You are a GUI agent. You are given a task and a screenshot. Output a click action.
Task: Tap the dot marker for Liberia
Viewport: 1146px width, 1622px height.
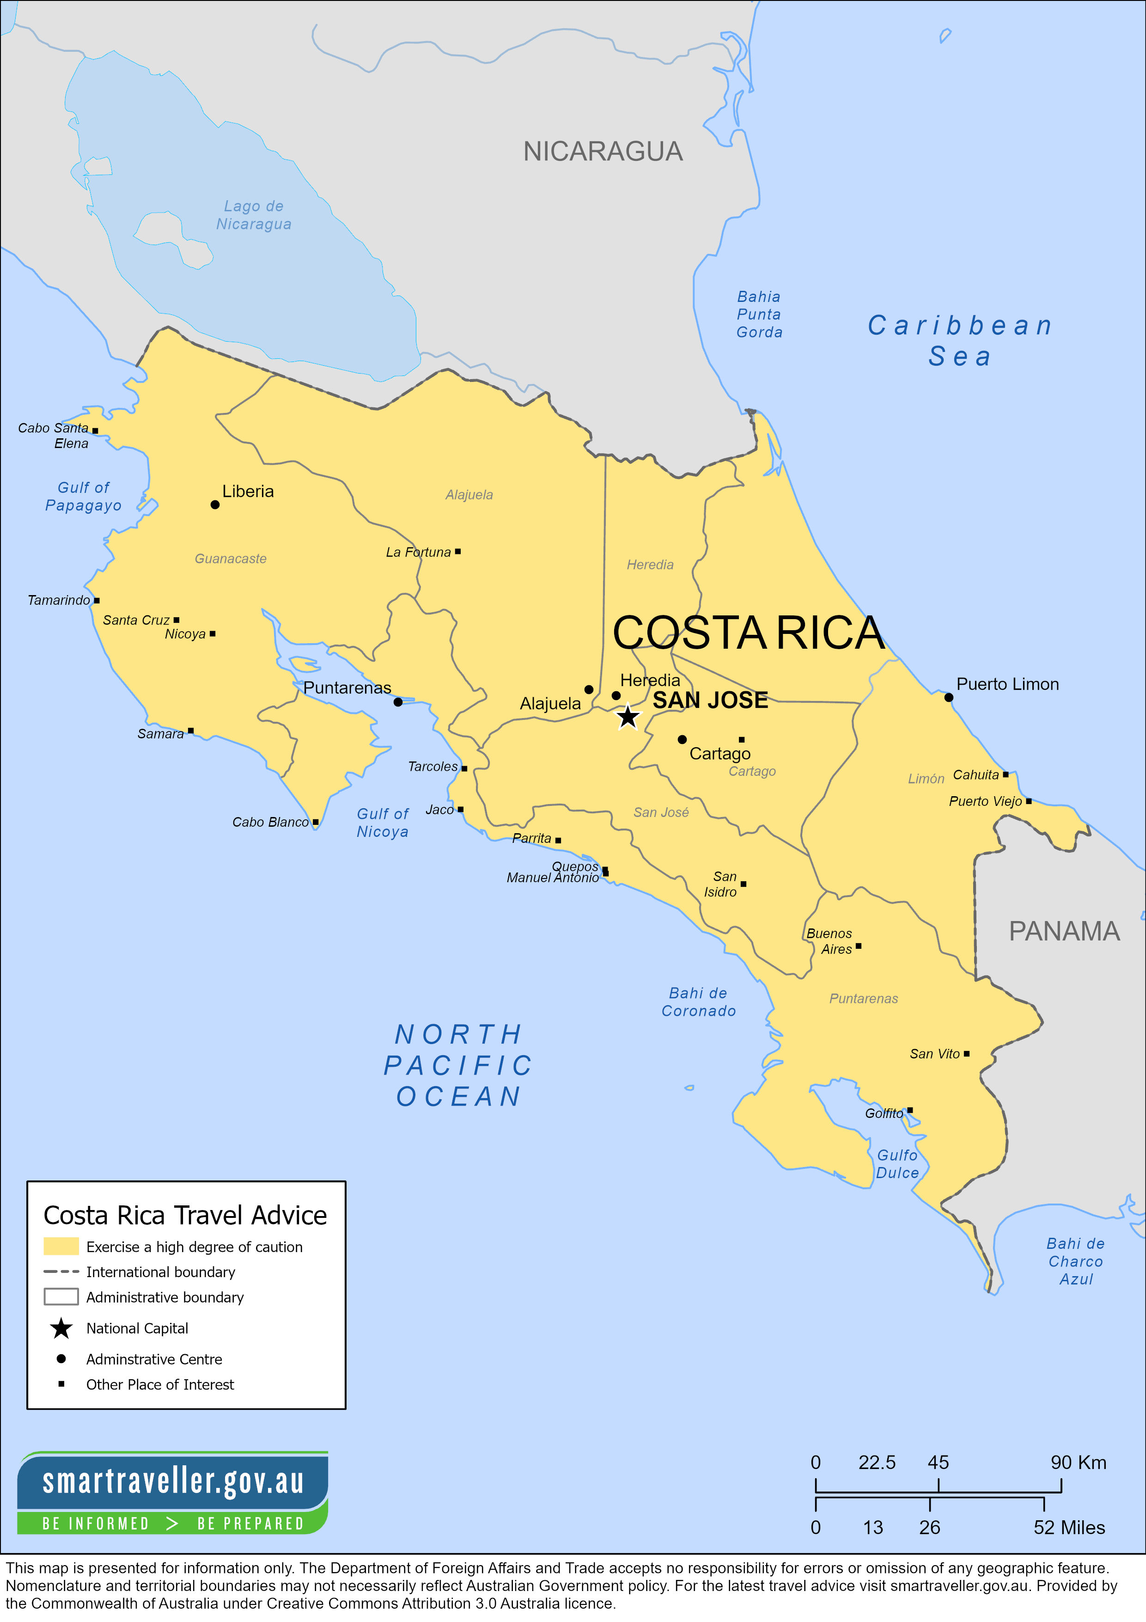[x=215, y=504]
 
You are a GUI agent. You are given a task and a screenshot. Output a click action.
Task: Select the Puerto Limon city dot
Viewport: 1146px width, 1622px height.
[x=948, y=697]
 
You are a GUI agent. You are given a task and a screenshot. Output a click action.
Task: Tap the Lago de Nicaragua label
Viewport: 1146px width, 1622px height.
[x=254, y=215]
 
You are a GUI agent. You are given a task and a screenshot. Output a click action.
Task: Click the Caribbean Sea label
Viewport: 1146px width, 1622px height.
[x=960, y=340]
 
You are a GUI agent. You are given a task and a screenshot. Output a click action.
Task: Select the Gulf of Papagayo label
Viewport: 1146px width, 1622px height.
[x=83, y=496]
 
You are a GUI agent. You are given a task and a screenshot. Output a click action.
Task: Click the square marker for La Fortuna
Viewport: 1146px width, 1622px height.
[x=457, y=551]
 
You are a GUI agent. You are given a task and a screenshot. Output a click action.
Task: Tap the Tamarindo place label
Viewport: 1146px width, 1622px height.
[x=59, y=600]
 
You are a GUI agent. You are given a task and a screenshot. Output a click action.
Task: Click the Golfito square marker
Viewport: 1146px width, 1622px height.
[x=909, y=1110]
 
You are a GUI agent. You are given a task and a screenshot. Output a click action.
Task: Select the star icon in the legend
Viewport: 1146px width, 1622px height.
[x=61, y=1328]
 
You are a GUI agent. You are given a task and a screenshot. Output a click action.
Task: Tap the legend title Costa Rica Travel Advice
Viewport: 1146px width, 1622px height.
[x=185, y=1215]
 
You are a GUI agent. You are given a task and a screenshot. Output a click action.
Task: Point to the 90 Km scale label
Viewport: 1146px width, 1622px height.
[x=1078, y=1462]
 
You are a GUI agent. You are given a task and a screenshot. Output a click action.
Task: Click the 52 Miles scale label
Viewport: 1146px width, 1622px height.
[x=1069, y=1527]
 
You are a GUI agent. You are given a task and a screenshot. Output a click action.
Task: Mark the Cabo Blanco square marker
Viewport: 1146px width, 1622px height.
[x=316, y=822]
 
